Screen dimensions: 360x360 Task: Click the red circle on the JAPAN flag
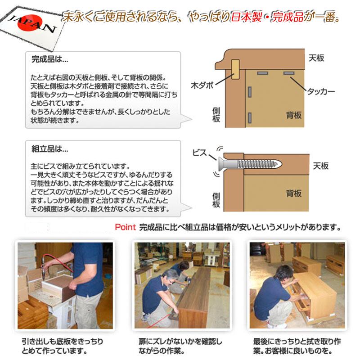(x=30, y=22)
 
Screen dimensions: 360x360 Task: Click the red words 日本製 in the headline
(x=246, y=17)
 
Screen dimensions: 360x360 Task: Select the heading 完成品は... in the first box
(x=50, y=59)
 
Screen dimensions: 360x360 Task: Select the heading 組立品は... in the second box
(x=50, y=149)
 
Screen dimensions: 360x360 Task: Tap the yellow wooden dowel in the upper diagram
(x=235, y=69)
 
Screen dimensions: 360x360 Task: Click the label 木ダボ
(x=202, y=85)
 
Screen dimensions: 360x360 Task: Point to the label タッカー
(x=321, y=91)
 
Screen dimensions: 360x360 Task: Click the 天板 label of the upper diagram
(x=316, y=58)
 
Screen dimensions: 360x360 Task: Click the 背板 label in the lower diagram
(x=294, y=193)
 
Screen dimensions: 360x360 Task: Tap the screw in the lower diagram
(x=250, y=164)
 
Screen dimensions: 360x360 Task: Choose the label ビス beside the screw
(x=200, y=153)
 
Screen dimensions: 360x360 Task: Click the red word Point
(x=126, y=227)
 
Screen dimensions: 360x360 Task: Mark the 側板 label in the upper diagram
(x=216, y=115)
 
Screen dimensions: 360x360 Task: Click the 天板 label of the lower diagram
(x=321, y=166)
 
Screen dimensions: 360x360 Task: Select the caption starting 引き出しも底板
(x=63, y=346)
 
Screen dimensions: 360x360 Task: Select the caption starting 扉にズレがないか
(x=180, y=346)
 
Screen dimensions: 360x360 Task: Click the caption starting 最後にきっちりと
(x=297, y=346)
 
